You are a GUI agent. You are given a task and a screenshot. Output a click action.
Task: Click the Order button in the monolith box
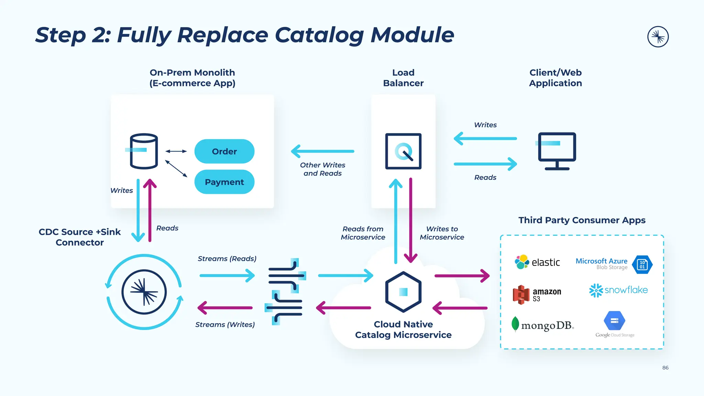224,151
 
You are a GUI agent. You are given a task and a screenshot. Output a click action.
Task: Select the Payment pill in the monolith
224,182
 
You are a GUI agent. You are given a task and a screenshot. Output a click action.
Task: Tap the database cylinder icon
144,151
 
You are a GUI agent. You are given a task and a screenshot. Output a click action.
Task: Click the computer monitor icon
557,151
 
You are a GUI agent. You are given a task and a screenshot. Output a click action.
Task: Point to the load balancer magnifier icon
403,151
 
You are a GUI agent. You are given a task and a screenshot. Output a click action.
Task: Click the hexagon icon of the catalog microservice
403,292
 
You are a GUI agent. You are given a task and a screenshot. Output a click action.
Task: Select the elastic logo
537,262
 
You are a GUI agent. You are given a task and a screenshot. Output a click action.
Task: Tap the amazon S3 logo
537,295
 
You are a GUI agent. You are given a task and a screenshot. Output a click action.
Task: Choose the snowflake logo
618,290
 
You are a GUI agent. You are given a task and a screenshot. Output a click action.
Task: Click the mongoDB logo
542,325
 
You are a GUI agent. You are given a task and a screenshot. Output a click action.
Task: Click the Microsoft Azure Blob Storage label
602,264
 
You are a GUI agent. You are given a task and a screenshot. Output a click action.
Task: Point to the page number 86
665,367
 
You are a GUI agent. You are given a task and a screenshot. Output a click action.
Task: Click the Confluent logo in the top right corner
658,37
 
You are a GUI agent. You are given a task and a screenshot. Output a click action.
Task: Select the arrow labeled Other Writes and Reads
322,151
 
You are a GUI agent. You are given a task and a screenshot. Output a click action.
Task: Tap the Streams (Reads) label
227,258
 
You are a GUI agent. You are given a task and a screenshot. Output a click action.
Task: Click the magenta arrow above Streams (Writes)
225,308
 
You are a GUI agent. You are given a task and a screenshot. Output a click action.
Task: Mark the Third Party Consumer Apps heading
582,220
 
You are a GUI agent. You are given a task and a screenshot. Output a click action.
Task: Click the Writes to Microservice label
442,233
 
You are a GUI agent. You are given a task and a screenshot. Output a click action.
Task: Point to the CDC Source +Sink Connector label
80,237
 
